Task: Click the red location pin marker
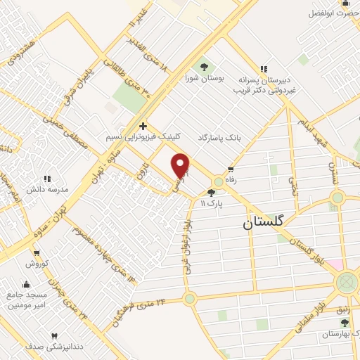point(181,166)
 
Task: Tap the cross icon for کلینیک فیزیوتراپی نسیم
point(143,124)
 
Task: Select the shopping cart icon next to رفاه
point(231,169)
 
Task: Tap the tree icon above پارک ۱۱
point(211,192)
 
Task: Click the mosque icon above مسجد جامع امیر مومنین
point(27,284)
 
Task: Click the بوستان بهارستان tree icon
point(344,323)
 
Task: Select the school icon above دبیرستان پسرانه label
point(264,69)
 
